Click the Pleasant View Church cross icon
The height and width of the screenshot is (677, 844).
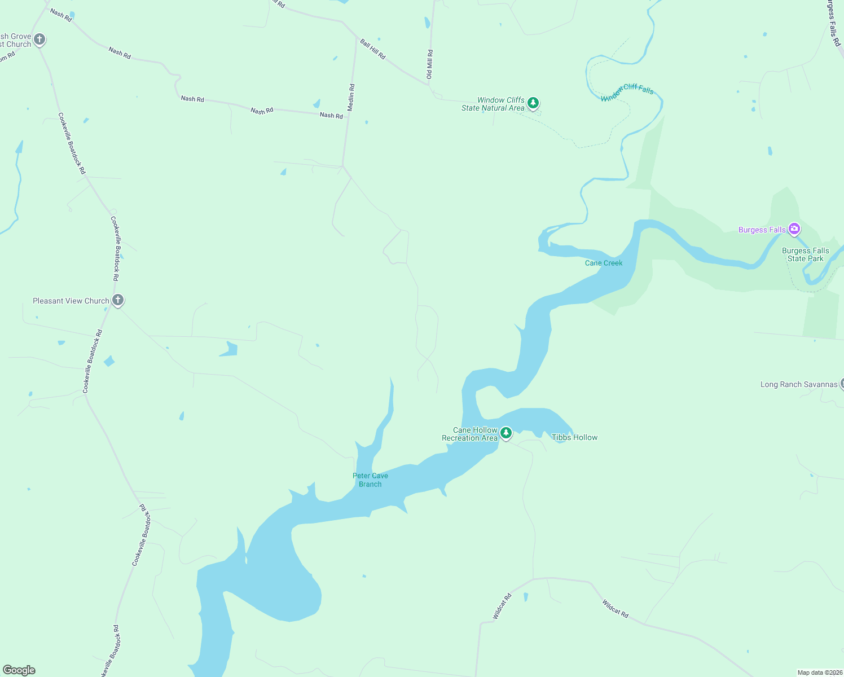point(117,300)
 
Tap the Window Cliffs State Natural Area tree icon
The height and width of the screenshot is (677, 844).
point(533,103)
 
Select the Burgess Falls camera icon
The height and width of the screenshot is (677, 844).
point(794,229)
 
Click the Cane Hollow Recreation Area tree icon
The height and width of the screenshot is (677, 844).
point(506,433)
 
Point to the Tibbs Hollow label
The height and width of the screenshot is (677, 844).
point(574,437)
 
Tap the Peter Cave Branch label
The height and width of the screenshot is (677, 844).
point(370,480)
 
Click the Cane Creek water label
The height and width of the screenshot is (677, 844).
point(604,263)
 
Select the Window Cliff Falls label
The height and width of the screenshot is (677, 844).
point(627,92)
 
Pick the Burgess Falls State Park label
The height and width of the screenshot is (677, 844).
point(806,254)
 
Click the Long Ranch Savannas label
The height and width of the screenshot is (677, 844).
point(799,385)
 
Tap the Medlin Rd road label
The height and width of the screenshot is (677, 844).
point(351,97)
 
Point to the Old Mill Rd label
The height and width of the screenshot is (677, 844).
point(430,64)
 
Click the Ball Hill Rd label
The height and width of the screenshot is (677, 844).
point(373,49)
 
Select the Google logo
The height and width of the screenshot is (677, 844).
point(19,670)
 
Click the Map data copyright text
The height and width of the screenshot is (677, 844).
point(820,672)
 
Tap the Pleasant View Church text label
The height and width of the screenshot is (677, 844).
point(71,301)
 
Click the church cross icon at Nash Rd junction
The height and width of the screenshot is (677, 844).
point(39,39)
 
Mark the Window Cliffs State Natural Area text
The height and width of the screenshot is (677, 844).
point(493,104)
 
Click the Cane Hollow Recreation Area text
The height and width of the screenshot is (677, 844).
point(470,434)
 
